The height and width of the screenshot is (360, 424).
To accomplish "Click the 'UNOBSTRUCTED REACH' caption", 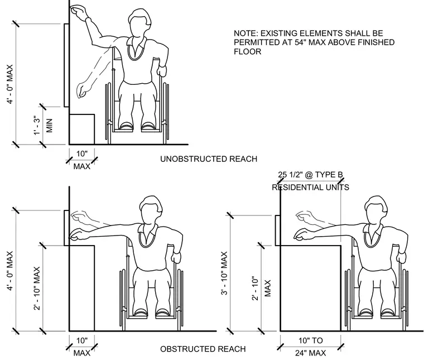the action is tap(209, 159).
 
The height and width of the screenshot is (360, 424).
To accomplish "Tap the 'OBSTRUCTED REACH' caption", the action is tap(203, 349).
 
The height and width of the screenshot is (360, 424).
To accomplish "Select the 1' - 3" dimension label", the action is tap(37, 125).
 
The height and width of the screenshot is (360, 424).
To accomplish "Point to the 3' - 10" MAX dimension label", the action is tap(224, 273).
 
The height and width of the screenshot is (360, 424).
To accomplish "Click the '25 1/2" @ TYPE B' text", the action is tap(310, 175).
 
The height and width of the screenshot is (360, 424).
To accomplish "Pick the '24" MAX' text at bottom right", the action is tap(310, 353).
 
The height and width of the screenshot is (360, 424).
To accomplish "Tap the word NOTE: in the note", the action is tap(245, 33).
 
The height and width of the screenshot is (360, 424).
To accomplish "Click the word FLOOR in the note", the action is tap(247, 51).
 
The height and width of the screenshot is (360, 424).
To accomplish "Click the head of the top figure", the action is tap(140, 23).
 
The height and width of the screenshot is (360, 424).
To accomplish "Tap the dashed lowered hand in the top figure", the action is tap(82, 90).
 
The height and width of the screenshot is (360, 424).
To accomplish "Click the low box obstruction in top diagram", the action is tap(82, 129).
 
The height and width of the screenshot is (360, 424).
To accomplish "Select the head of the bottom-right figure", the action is tap(376, 210).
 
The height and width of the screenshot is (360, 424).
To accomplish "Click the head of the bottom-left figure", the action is tap(151, 210).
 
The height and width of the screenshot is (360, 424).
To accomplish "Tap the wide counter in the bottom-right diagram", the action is tap(310, 288).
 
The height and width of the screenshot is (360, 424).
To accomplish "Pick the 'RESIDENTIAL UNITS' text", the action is tap(310, 187).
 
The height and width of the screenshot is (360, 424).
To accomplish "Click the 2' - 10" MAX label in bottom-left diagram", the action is tap(37, 289).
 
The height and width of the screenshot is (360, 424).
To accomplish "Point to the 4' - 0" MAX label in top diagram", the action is tap(10, 84).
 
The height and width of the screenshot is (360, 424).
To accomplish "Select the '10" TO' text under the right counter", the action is tap(310, 340).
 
